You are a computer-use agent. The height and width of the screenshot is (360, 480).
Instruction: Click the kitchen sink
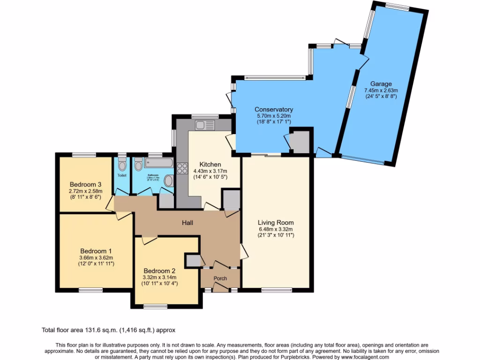[205, 125]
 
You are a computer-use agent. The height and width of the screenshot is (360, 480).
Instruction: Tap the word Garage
[381, 84]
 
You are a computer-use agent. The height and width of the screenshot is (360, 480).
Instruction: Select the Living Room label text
[276, 223]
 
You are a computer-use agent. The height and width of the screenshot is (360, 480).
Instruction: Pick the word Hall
[187, 223]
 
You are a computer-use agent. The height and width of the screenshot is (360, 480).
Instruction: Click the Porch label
[220, 278]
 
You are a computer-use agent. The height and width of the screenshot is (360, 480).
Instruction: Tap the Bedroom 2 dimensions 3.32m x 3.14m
[160, 277]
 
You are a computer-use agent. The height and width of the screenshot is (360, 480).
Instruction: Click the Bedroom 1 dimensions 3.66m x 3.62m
[96, 257]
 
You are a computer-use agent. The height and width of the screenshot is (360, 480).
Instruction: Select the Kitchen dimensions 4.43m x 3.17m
[210, 171]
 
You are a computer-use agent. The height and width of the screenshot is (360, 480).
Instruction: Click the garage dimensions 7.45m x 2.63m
[381, 90]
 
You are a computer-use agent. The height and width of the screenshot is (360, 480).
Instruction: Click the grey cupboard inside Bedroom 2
[192, 260]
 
